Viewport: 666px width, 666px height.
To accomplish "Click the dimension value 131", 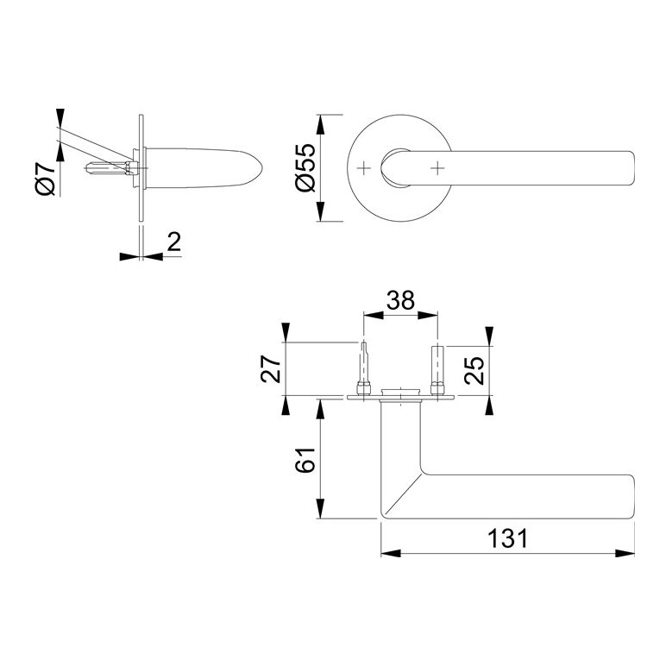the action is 507,538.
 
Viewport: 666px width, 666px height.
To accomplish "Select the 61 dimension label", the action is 305,460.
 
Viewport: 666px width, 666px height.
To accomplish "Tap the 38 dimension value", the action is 400,300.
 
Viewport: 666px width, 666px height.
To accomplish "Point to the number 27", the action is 272,368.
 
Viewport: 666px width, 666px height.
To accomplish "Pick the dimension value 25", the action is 474,369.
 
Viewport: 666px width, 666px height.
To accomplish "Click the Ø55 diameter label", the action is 306,167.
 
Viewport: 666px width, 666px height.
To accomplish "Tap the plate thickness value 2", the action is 174,242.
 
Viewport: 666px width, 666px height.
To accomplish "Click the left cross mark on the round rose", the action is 363,168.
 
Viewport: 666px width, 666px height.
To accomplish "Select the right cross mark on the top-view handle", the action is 437,168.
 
